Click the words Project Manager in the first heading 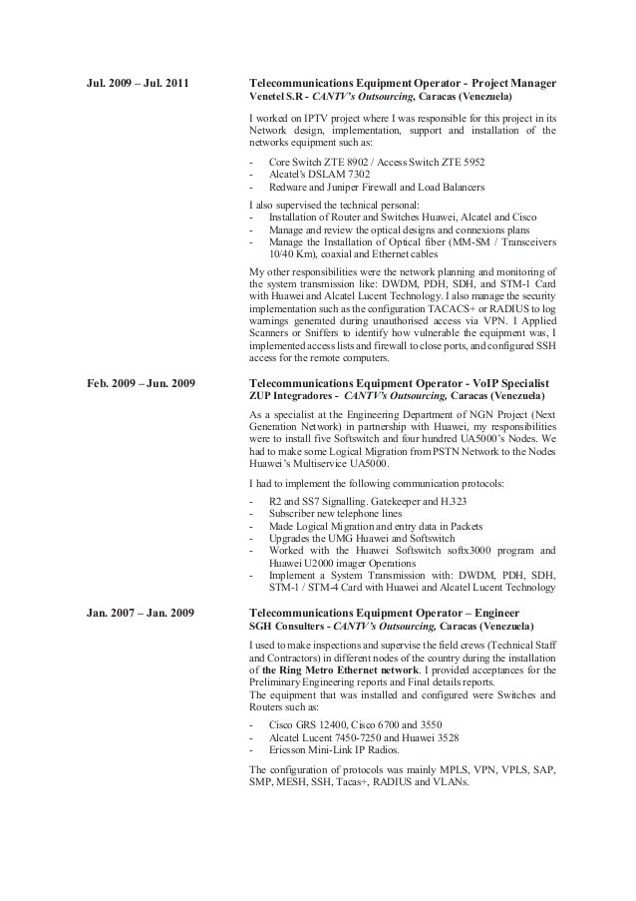click(x=513, y=81)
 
